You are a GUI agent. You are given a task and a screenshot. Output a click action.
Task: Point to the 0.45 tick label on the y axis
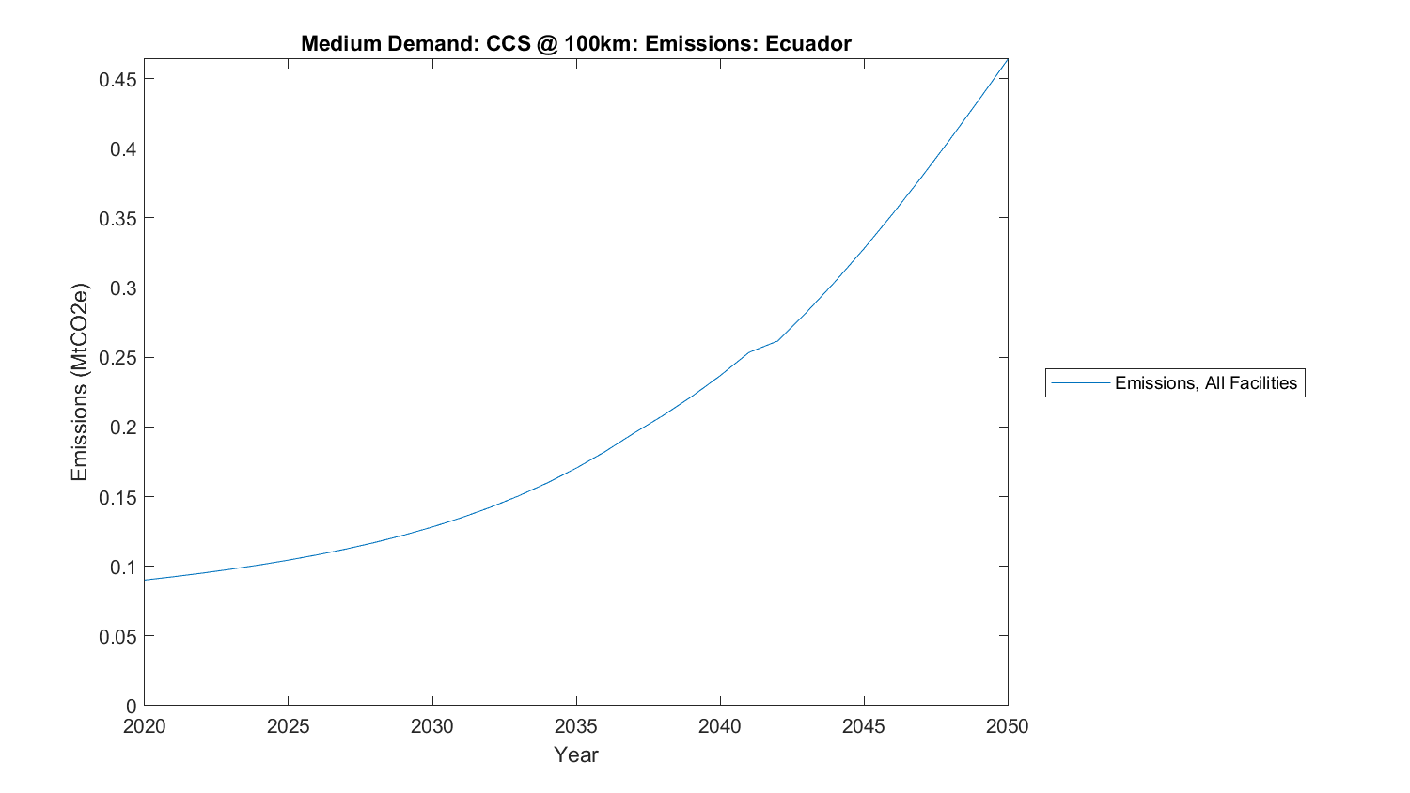tap(118, 80)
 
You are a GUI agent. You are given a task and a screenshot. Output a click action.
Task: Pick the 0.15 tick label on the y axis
tap(118, 497)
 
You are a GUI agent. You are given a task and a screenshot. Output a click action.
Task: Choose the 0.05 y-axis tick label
tap(118, 636)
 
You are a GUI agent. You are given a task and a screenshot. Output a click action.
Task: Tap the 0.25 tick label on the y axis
tap(118, 358)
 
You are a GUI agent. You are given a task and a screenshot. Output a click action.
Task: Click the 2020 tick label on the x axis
tap(144, 726)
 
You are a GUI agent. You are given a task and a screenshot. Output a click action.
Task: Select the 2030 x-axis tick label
tap(431, 726)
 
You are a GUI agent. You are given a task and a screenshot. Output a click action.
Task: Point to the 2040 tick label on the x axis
tap(719, 726)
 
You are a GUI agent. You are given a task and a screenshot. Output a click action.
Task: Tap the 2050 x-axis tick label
tap(1007, 726)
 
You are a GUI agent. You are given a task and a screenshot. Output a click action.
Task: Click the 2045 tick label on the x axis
tap(863, 726)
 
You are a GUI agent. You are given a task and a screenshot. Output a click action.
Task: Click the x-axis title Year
tap(575, 754)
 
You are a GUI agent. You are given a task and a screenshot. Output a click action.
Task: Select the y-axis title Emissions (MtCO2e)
tap(80, 381)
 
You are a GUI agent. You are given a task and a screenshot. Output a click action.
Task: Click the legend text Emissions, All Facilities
tap(1205, 383)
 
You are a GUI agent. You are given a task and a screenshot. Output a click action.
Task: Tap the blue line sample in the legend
tap(1080, 383)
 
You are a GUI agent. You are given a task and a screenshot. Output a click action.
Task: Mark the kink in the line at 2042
tap(777, 340)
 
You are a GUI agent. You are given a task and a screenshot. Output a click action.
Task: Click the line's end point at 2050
tap(1007, 59)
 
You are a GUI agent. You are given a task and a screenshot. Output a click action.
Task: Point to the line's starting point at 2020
tap(145, 580)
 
